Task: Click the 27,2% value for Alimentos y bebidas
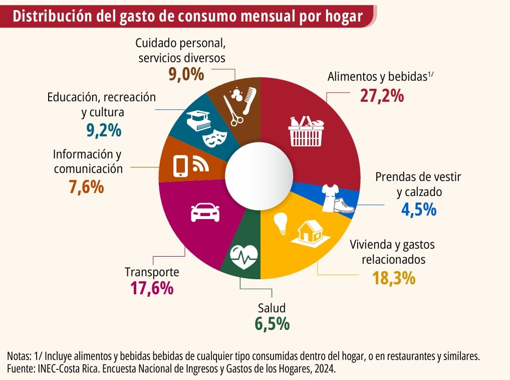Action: pyautogui.click(x=382, y=95)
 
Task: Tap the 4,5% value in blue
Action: pyautogui.click(x=419, y=209)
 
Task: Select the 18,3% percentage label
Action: pyautogui.click(x=394, y=278)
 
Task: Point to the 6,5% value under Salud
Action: pyautogui.click(x=272, y=323)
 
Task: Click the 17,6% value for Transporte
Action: pyautogui.click(x=152, y=288)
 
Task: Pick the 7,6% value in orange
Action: pyautogui.click(x=86, y=187)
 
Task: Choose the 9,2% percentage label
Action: pyautogui.click(x=104, y=130)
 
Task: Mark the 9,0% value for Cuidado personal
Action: pyautogui.click(x=186, y=75)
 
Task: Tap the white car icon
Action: pyautogui.click(x=205, y=213)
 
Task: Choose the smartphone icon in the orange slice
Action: pyautogui.click(x=180, y=166)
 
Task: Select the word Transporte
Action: pyautogui.click(x=151, y=272)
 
